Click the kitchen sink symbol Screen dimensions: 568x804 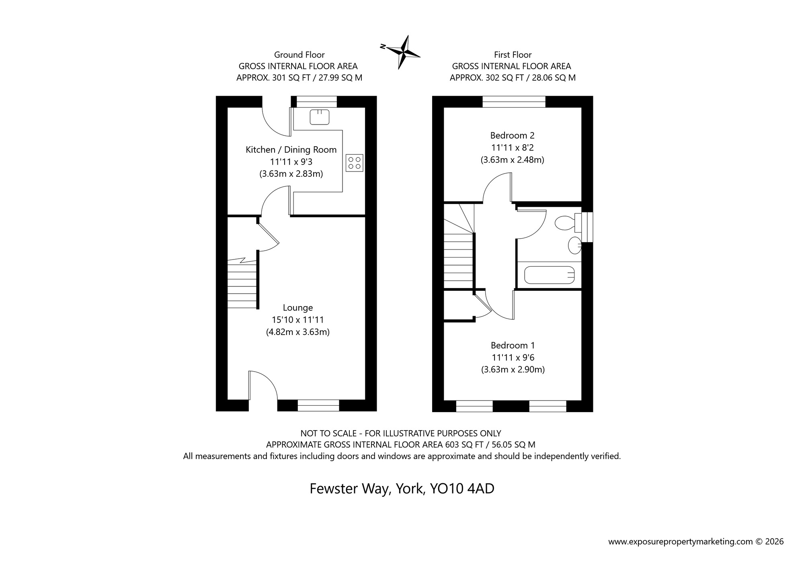320,117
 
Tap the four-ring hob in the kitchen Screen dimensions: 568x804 354,163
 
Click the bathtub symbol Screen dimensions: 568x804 550,275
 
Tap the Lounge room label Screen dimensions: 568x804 297,308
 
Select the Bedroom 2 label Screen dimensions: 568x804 512,135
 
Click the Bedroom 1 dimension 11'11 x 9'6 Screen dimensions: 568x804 513,358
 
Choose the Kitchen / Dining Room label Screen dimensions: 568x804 291,150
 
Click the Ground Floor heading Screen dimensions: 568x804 299,55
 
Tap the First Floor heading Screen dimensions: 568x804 513,55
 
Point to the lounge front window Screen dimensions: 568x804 318,406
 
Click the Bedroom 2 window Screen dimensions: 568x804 514,102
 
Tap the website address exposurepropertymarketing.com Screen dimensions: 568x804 680,541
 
